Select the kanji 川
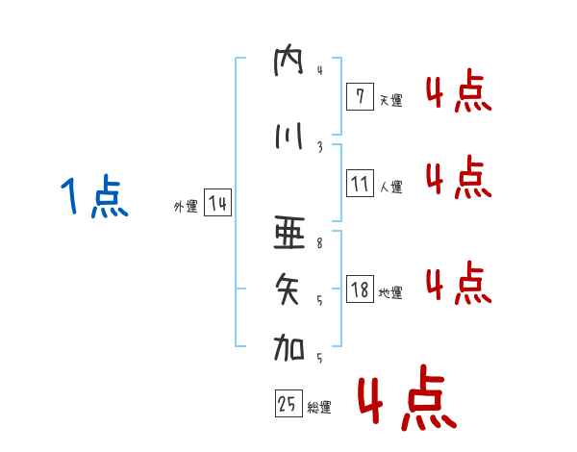(x=288, y=137)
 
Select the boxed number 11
(x=359, y=183)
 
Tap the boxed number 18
(x=359, y=289)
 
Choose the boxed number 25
(x=287, y=405)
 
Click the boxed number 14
(x=217, y=204)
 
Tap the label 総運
(x=319, y=409)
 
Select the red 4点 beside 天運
(x=459, y=93)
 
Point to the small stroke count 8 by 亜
(x=319, y=244)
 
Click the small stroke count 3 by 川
(x=319, y=146)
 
